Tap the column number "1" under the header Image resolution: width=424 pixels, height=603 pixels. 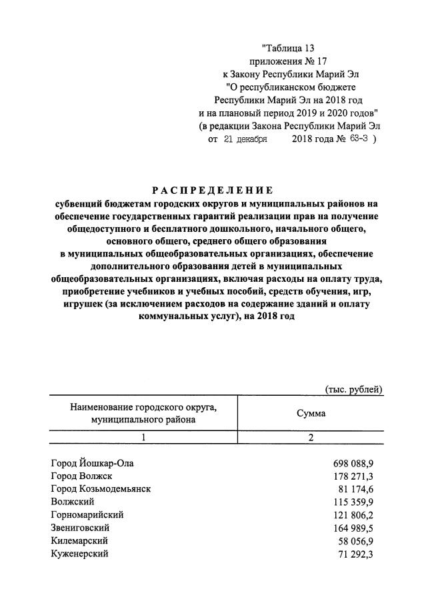tap(143, 438)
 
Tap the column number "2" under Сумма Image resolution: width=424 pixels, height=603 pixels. tap(311, 438)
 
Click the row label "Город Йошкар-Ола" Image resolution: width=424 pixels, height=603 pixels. tap(96, 462)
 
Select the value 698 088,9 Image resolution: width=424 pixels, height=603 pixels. tap(353, 462)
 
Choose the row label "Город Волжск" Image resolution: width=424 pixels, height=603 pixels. tap(81, 476)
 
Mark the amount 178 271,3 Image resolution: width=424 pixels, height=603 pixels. tap(353, 476)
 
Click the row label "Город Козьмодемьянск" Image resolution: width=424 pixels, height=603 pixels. tap(101, 488)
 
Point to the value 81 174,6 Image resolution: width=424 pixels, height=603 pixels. tap(356, 488)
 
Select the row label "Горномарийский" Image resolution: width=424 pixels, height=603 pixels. tap(87, 515)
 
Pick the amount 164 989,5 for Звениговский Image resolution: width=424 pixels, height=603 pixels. tap(353, 528)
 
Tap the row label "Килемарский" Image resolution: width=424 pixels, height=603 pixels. tap(79, 540)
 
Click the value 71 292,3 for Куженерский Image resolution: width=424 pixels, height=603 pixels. tap(356, 554)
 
